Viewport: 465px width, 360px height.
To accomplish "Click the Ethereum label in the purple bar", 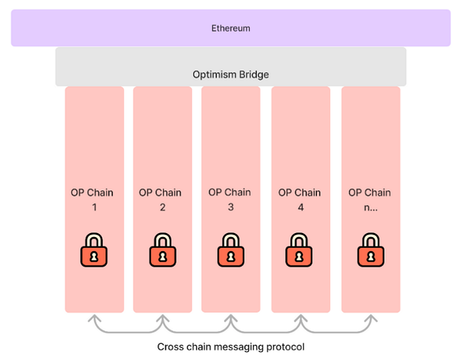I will tap(231, 28).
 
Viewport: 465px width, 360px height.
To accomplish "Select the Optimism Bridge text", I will tap(231, 74).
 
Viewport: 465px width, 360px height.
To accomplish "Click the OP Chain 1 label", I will tap(92, 199).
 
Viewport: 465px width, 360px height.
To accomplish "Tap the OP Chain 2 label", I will tap(161, 199).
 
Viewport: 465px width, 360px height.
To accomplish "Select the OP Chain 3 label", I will tap(230, 199).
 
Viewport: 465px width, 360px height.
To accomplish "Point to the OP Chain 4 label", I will tap(300, 199).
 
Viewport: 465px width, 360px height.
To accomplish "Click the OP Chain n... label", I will tap(369, 199).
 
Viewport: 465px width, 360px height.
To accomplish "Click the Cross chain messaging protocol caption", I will tap(231, 347).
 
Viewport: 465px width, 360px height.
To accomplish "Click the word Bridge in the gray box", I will tap(254, 74).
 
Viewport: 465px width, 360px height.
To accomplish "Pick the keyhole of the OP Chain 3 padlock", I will tap(230, 255).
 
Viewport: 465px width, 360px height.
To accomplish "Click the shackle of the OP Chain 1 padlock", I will tap(94, 239).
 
